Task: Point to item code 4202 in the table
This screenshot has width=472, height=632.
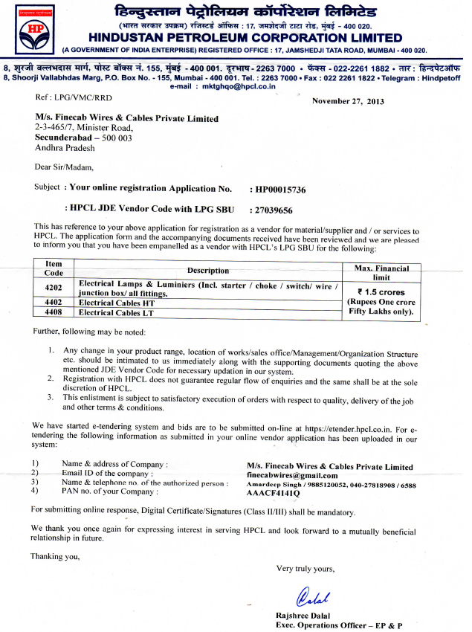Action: [x=54, y=288]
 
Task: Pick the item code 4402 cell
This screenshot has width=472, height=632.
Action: [x=54, y=303]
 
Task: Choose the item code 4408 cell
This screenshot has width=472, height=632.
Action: [x=54, y=312]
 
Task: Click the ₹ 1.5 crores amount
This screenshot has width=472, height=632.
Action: [x=381, y=292]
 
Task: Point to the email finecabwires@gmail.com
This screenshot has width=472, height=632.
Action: [x=292, y=475]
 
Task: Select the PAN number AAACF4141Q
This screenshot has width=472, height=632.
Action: [x=274, y=493]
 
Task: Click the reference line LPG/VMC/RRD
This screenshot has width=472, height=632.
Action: [x=64, y=97]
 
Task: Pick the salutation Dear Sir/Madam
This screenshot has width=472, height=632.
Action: [x=65, y=167]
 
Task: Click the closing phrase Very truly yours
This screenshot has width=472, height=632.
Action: [x=305, y=568]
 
